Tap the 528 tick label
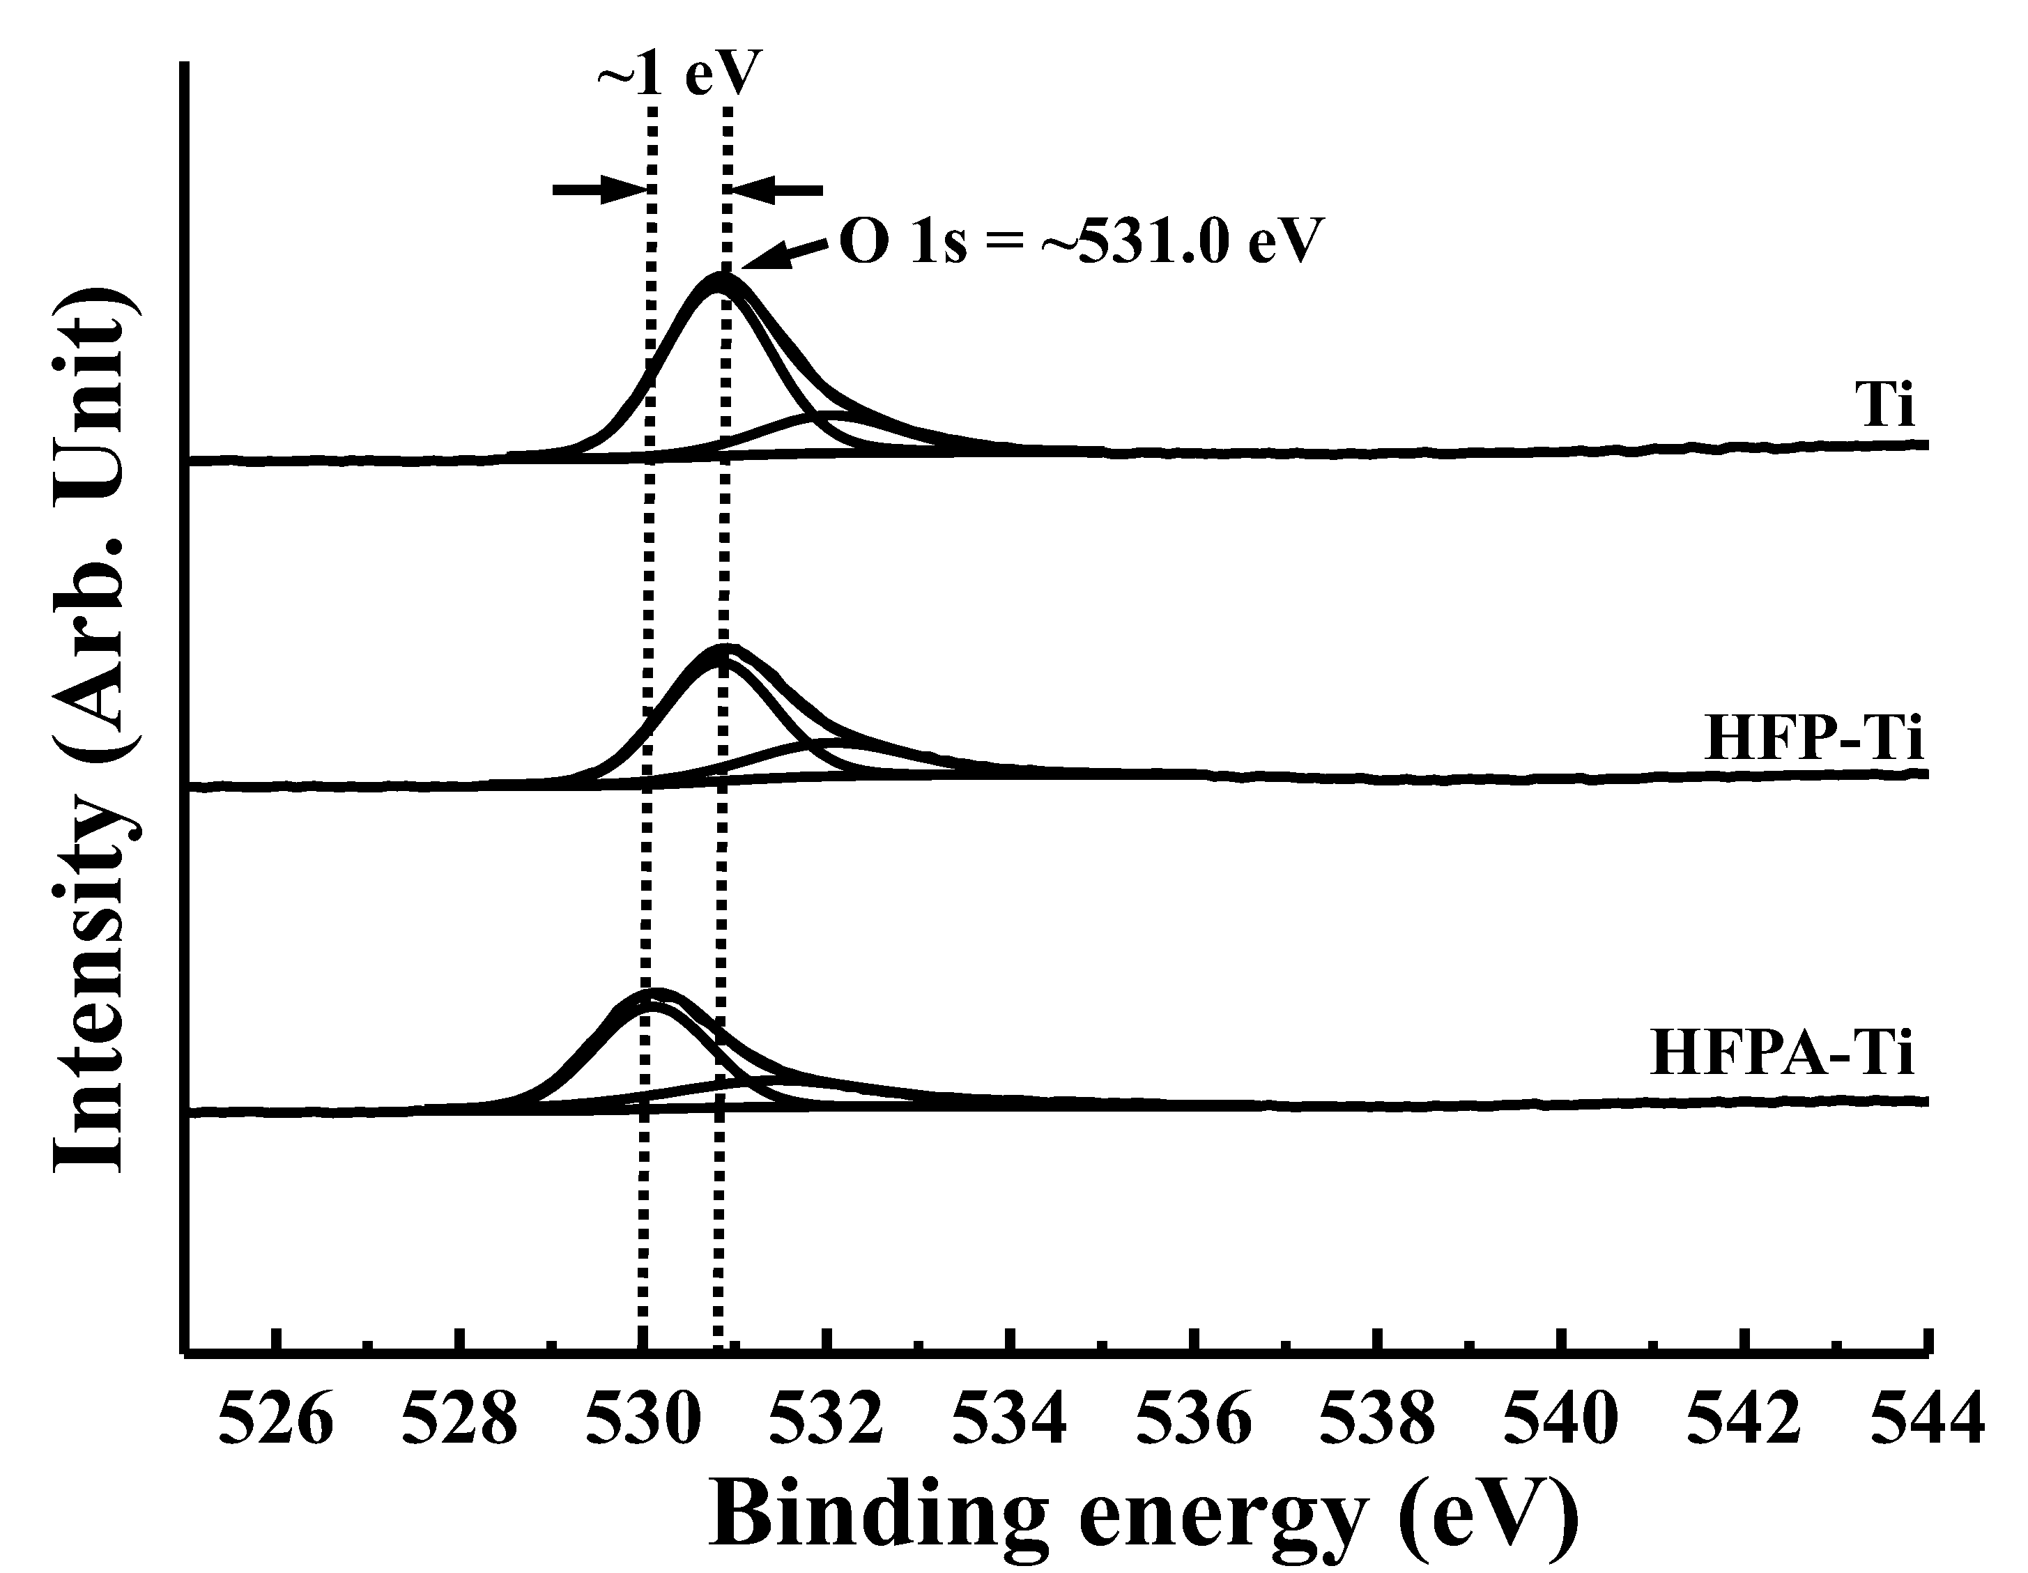tap(459, 1420)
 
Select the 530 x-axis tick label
tap(642, 1420)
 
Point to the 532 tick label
tap(826, 1420)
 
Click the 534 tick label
tap(1009, 1420)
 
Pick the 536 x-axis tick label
tap(1193, 1420)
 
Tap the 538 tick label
tap(1377, 1420)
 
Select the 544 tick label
tap(1928, 1420)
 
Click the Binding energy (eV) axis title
tap(1144, 1515)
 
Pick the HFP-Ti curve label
tap(1813, 740)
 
